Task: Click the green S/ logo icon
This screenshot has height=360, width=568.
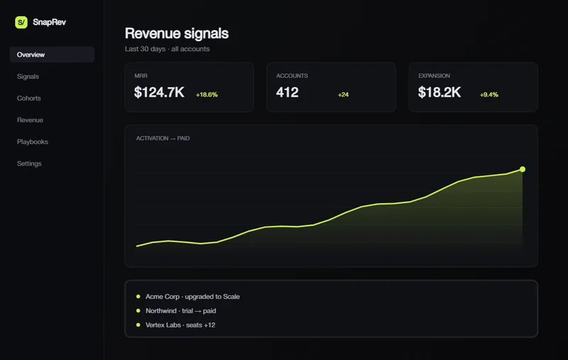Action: [x=21, y=22]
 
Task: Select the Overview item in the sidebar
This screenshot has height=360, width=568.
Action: [x=31, y=55]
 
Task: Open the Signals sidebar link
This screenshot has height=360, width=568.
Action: [x=28, y=77]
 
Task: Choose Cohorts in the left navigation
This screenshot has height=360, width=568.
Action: [x=29, y=98]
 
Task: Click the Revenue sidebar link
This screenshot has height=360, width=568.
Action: [x=30, y=120]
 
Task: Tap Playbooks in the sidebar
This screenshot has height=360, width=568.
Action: [x=33, y=141]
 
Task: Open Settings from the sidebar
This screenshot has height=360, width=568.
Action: [x=29, y=164]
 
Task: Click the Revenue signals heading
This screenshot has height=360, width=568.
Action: [x=177, y=33]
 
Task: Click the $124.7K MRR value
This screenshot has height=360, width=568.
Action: [x=159, y=92]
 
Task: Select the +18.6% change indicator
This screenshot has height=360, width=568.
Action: [x=207, y=94]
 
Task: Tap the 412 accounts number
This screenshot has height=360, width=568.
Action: [x=288, y=92]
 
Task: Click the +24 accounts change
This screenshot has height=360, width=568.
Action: [x=343, y=94]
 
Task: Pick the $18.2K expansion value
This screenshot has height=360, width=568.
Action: [x=439, y=92]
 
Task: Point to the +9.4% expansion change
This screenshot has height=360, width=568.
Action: [x=489, y=94]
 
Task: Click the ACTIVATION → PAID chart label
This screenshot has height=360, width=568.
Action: [x=163, y=138]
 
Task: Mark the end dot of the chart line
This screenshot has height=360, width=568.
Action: [x=523, y=169]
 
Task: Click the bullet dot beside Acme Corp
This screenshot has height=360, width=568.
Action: [x=138, y=296]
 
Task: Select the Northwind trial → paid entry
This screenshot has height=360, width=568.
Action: [x=181, y=311]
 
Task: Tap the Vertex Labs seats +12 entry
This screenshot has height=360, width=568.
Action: [x=180, y=325]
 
